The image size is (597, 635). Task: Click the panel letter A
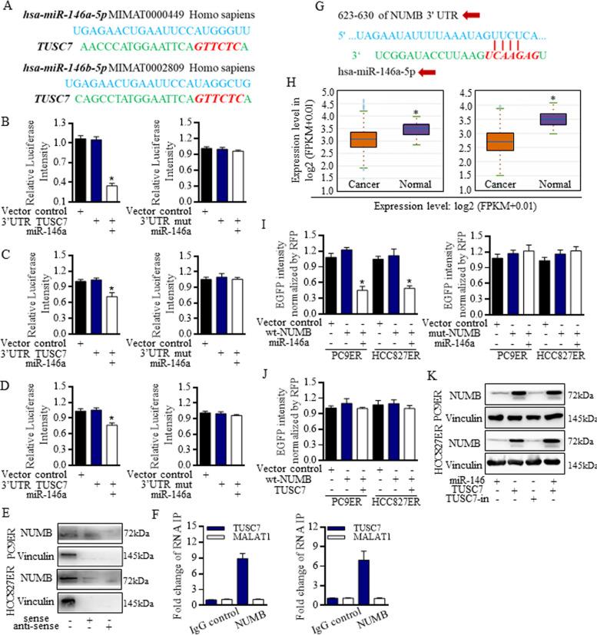tap(8, 7)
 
